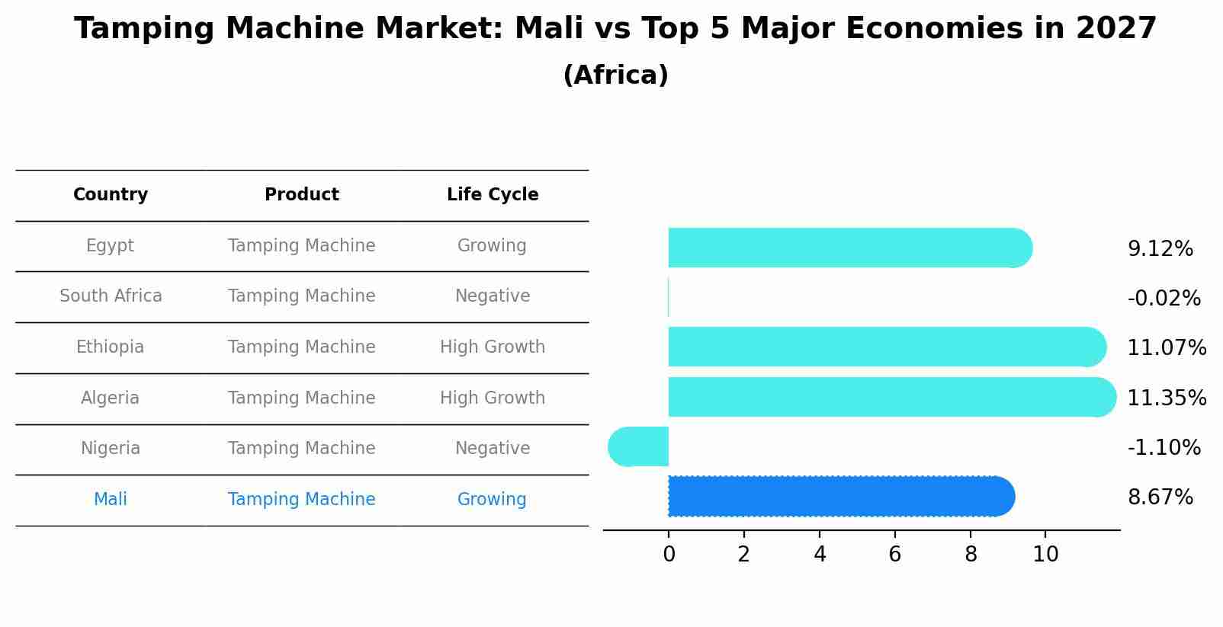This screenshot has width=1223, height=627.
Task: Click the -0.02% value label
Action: [1164, 299]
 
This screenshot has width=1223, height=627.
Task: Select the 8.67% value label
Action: [1160, 497]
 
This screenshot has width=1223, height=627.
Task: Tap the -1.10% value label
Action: [1164, 448]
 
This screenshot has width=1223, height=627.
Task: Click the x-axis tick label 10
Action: [1045, 555]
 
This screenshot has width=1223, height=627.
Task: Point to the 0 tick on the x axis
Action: [669, 555]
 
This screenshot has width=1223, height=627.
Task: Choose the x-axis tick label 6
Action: [894, 555]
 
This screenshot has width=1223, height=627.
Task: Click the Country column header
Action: [111, 195]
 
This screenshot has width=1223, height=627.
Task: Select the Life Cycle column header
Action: [493, 195]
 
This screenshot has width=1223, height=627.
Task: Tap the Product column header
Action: [302, 195]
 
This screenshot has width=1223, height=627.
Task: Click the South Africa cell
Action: [111, 296]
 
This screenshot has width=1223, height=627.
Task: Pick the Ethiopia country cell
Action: [110, 347]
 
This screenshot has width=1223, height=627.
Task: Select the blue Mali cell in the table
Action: [110, 500]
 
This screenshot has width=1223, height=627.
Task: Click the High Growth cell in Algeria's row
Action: [493, 398]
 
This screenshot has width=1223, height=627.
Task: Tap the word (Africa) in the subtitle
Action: [615, 75]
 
